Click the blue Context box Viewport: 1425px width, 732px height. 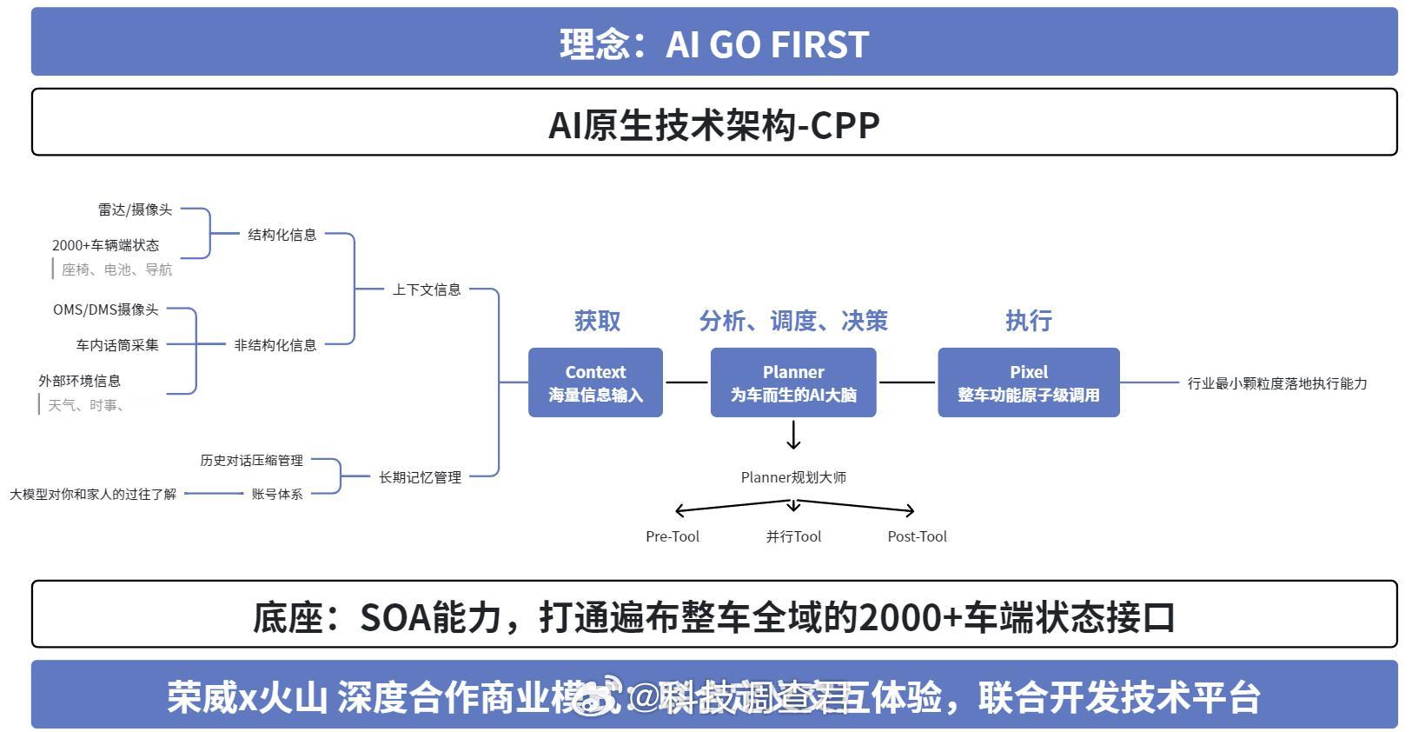coord(595,383)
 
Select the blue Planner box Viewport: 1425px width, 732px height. coord(792,383)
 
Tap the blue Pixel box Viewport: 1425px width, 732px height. coord(1028,383)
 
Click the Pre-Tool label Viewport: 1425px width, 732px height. coord(673,536)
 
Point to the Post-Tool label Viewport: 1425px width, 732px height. coord(917,536)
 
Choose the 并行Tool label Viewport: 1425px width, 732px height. coord(793,536)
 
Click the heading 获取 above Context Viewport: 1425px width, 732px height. coord(597,321)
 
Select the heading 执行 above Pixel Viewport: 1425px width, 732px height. coord(1028,321)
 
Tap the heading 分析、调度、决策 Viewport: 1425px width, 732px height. coord(792,321)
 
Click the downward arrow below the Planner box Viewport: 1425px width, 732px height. coord(792,435)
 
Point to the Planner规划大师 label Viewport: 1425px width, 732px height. coord(793,477)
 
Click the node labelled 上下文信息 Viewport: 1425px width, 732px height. coord(426,289)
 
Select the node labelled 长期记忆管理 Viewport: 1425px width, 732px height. coord(420,477)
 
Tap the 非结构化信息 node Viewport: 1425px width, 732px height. coord(275,345)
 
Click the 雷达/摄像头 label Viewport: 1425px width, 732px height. coord(135,210)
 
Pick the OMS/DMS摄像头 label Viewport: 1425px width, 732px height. coord(106,309)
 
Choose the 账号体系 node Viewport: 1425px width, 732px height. coord(277,494)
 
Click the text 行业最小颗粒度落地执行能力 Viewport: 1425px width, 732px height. coord(1276,383)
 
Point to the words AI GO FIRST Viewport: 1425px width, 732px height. coord(767,44)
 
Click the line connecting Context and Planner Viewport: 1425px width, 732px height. coord(686,383)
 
